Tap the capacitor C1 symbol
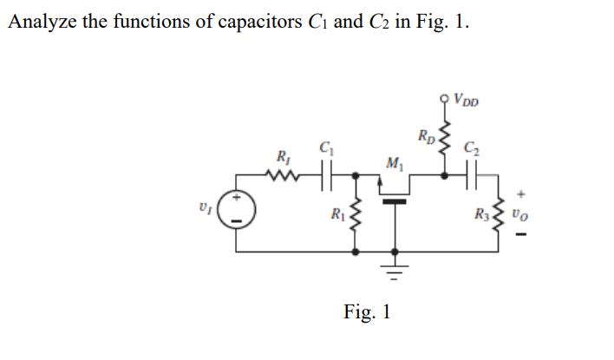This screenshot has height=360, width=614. pyautogui.click(x=327, y=175)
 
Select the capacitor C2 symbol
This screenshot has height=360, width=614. pyautogui.click(x=472, y=175)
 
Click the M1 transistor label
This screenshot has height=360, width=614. pyautogui.click(x=393, y=161)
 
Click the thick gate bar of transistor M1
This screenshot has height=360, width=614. pyautogui.click(x=395, y=200)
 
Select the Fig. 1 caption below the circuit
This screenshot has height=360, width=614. pyautogui.click(x=366, y=311)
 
